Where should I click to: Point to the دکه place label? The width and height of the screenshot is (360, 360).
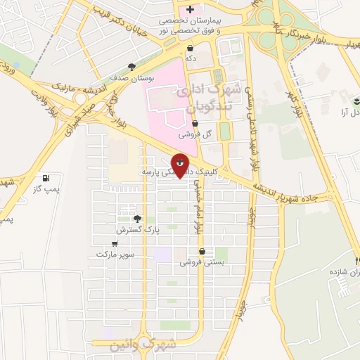190,60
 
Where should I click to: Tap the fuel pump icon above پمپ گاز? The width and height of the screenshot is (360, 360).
46,179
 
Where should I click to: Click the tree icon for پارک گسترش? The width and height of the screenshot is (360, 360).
138,219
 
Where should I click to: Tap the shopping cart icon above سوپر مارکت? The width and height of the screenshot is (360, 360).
115,243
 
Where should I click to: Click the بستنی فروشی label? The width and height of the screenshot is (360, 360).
202,262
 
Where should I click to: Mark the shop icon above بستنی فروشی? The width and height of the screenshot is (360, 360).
202,251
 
